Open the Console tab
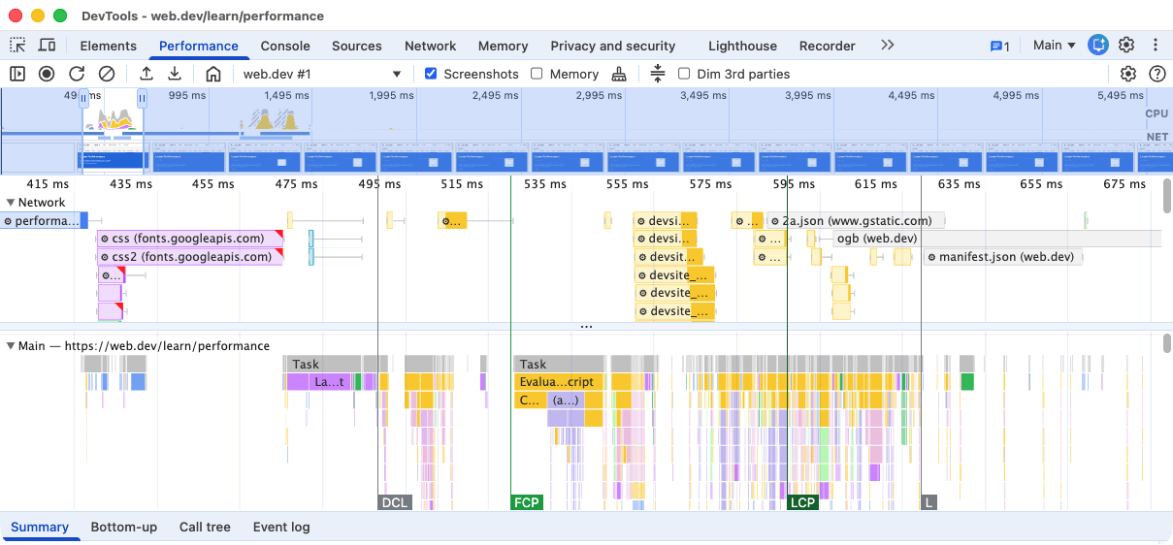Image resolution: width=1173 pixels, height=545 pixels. [285, 46]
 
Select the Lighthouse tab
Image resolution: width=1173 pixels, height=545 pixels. [742, 46]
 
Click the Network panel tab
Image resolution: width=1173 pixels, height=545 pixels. [430, 46]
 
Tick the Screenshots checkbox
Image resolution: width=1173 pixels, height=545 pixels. [432, 74]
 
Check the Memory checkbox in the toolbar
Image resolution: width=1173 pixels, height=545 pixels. [538, 74]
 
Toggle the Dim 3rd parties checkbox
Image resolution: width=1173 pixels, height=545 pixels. [684, 74]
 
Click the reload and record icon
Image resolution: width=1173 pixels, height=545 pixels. [77, 74]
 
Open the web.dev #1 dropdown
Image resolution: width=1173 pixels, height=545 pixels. [321, 74]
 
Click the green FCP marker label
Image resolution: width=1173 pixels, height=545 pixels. [526, 502]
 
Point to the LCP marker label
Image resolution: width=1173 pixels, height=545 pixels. [802, 502]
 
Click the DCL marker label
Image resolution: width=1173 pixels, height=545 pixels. [394, 502]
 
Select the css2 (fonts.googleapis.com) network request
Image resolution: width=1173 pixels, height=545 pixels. [190, 257]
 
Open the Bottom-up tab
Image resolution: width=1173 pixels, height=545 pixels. [123, 528]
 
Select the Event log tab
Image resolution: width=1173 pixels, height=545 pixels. [281, 528]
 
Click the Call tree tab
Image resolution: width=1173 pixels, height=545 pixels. [205, 528]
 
